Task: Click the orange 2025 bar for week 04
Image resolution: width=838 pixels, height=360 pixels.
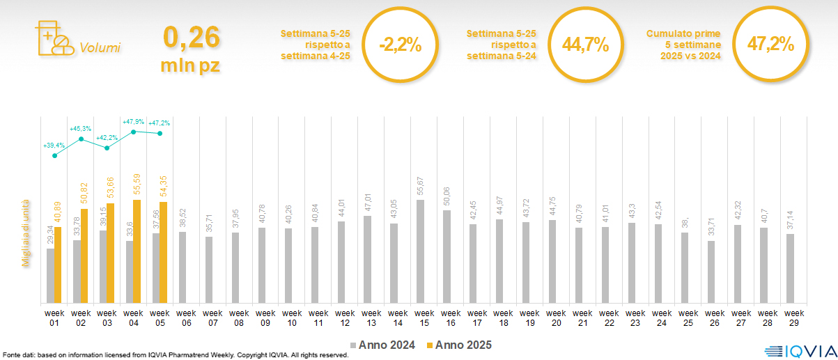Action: (137, 251)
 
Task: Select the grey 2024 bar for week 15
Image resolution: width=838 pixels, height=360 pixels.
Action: (420, 251)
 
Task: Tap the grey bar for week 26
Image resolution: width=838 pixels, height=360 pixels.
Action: (711, 272)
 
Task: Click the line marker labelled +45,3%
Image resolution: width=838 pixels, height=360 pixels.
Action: (82, 139)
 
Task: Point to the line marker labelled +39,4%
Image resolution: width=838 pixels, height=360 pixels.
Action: (55, 155)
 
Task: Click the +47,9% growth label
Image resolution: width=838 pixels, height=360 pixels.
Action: (134, 122)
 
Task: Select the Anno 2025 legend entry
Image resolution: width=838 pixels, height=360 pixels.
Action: (459, 345)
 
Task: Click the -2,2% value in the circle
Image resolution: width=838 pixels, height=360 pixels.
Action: (401, 45)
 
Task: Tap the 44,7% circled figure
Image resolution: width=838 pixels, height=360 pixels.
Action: (586, 45)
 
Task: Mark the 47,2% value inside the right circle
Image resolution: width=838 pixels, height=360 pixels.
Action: (770, 44)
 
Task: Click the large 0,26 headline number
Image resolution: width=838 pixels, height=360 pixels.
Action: (191, 38)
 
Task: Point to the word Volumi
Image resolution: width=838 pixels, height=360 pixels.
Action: (100, 48)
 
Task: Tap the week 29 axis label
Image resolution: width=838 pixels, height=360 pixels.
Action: (790, 318)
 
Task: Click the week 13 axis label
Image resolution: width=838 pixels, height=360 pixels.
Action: (371, 318)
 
